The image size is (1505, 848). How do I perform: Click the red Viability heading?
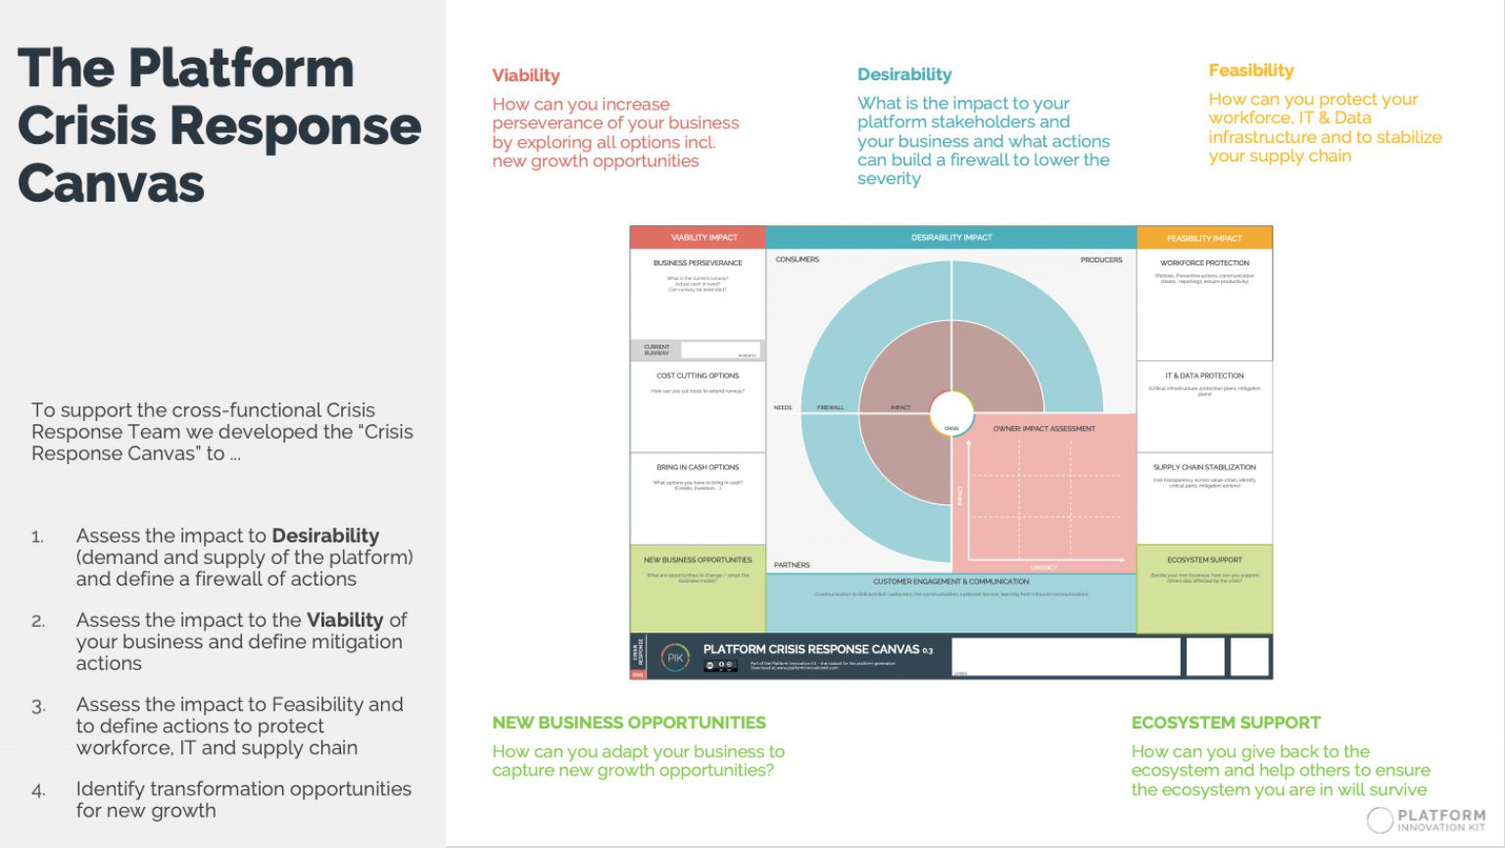(x=526, y=75)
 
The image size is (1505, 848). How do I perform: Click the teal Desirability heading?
(x=904, y=74)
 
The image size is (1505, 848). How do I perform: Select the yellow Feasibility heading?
(x=1250, y=71)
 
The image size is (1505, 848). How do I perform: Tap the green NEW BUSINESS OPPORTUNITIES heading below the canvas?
(x=629, y=723)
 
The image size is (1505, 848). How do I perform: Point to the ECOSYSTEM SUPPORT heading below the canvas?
(x=1226, y=723)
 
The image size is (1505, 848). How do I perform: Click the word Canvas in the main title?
(x=111, y=183)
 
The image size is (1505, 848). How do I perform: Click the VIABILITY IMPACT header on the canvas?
(x=704, y=237)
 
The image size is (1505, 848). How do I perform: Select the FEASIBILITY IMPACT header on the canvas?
(x=1204, y=238)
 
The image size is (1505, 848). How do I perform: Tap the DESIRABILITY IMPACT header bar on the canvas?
(x=950, y=237)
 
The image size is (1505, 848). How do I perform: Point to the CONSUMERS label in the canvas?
(x=798, y=259)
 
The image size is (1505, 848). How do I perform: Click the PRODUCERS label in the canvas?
(x=1101, y=259)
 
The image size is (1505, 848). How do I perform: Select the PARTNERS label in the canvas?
(x=792, y=565)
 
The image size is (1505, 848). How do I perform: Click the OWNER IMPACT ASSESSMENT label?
(x=1044, y=429)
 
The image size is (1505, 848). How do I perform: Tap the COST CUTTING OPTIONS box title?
(x=698, y=376)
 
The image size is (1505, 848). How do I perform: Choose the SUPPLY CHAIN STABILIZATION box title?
(x=1204, y=467)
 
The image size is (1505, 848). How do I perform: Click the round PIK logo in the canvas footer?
(x=675, y=658)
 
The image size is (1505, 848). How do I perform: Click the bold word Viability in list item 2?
(x=345, y=620)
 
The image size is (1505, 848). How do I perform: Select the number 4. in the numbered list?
(x=38, y=790)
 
